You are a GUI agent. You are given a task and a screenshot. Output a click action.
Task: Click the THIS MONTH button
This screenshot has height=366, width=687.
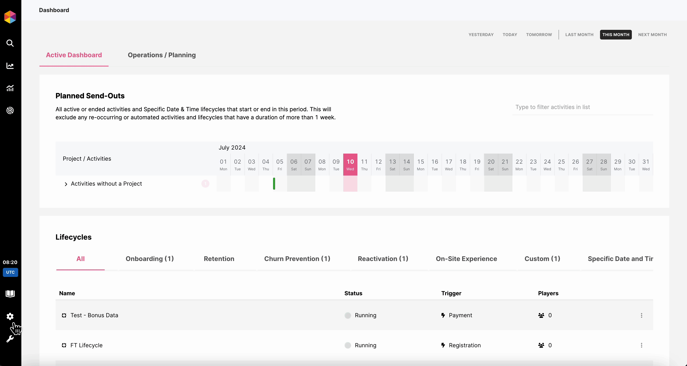[x=616, y=35]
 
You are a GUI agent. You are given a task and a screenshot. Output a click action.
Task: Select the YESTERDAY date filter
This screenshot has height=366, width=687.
[x=481, y=35]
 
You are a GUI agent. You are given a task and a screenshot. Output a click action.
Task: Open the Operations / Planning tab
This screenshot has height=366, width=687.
[x=162, y=55]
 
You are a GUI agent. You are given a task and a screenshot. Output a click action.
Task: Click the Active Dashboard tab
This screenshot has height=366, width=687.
[x=74, y=55]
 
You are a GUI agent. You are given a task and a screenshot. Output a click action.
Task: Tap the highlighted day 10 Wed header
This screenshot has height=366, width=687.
[x=350, y=164]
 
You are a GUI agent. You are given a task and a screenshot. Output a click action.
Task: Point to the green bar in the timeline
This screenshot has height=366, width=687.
[x=274, y=184]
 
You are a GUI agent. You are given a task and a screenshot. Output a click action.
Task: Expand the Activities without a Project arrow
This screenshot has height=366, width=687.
[x=66, y=184]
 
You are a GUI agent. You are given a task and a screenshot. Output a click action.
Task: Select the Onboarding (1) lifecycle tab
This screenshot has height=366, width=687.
[x=150, y=259]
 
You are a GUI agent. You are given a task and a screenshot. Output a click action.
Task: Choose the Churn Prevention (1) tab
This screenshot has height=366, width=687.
[x=297, y=259]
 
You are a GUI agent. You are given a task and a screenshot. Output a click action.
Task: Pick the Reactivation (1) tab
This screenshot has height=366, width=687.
[x=383, y=259]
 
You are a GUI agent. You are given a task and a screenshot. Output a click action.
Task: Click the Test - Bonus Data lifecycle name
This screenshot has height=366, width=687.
[x=94, y=315]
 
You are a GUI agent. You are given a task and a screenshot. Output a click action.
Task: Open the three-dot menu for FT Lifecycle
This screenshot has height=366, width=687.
[x=641, y=345]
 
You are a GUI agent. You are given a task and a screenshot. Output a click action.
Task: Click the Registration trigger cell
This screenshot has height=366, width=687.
[x=465, y=345]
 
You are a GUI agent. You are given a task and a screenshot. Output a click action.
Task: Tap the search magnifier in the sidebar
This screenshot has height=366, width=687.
[x=10, y=43]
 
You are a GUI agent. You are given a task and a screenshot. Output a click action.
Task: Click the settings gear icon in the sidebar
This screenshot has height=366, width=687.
[x=10, y=316]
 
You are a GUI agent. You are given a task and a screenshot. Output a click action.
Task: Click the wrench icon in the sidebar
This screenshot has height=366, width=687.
[x=10, y=339]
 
